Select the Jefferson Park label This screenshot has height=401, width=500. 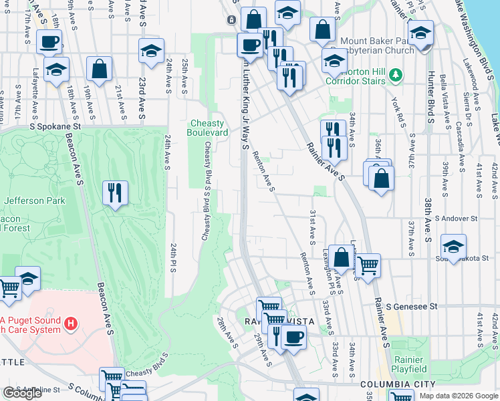[34, 200]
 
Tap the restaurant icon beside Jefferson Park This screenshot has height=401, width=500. [115, 193]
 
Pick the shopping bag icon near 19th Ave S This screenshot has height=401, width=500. [99, 69]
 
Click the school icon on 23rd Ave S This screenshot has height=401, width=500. [151, 51]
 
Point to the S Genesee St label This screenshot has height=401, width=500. [412, 306]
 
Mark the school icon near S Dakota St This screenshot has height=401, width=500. [454, 247]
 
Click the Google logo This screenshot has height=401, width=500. [22, 394]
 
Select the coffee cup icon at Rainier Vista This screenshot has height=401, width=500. [293, 338]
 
